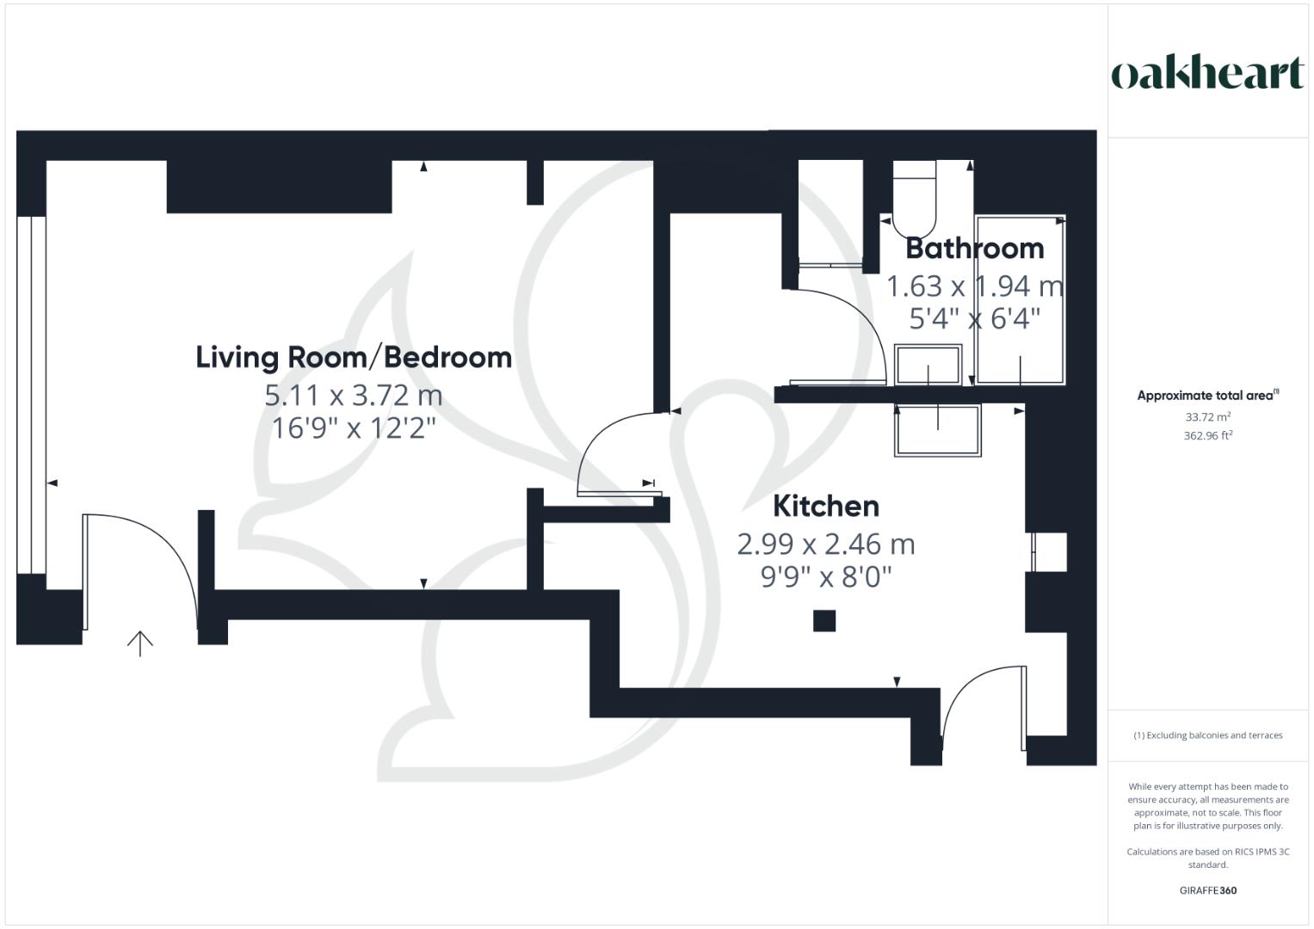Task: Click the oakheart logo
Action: click(x=1207, y=74)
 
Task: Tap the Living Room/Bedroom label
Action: click(x=354, y=357)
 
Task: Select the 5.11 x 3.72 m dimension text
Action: click(x=354, y=396)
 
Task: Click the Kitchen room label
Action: click(x=826, y=506)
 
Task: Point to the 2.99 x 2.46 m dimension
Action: click(x=826, y=544)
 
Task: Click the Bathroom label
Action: click(x=974, y=249)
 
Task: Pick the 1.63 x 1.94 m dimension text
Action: click(x=974, y=286)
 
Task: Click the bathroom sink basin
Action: click(x=928, y=365)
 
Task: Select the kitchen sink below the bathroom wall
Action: click(x=938, y=430)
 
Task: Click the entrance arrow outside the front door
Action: click(x=140, y=643)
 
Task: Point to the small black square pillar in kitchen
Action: click(x=824, y=620)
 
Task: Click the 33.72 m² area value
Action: click(x=1207, y=417)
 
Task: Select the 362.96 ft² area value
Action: click(x=1207, y=435)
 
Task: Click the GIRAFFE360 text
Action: click(x=1207, y=890)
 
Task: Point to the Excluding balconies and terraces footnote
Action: click(x=1207, y=735)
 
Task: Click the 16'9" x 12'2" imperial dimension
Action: click(x=354, y=428)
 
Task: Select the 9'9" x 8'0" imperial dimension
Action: click(x=826, y=576)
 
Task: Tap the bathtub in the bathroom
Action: click(x=1021, y=299)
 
